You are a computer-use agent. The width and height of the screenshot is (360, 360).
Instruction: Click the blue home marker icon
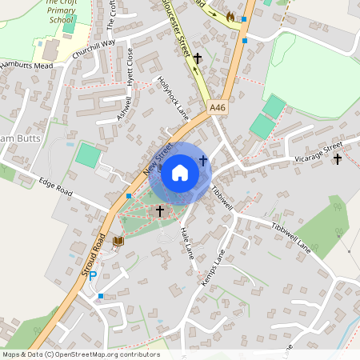[x=180, y=173]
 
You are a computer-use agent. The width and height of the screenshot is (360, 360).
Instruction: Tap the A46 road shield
[x=218, y=106]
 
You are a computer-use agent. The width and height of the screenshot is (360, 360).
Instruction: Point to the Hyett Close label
[x=130, y=66]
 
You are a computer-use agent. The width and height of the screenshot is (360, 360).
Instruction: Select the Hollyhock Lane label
[x=173, y=98]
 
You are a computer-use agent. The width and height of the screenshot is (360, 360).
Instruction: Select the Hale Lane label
[x=187, y=242]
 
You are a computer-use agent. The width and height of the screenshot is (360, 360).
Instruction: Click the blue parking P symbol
[x=93, y=276]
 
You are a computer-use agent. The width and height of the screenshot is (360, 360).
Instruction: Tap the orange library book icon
[x=118, y=240]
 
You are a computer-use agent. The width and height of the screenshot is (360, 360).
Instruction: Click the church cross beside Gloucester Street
[x=198, y=58]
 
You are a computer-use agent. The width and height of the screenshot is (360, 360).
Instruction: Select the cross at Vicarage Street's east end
[x=337, y=159]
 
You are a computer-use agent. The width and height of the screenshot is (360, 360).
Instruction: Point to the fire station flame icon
[x=230, y=16]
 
